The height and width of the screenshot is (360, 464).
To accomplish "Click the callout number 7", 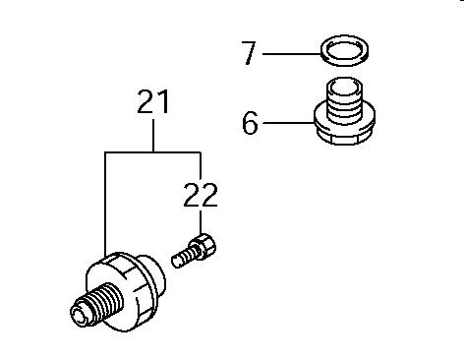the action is (249, 53).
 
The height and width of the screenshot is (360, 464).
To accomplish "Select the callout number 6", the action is (250, 123).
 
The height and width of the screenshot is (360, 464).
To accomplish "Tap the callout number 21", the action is (153, 101).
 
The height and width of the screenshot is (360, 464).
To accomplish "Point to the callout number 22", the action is (201, 195).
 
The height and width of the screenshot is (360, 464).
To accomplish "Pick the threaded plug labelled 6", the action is (344, 110).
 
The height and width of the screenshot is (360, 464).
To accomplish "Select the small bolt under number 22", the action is (194, 251).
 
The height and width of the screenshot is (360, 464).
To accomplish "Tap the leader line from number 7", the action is (292, 54).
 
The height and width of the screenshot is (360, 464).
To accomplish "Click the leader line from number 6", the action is (289, 123).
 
